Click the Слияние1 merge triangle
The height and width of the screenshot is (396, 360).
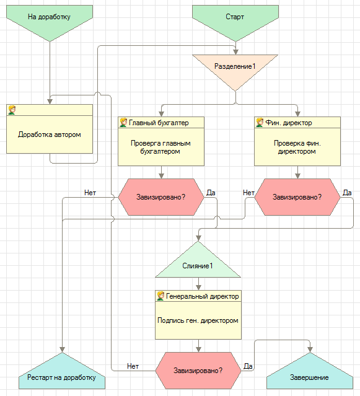pos(198,263)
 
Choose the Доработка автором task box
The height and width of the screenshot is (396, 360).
pos(50,129)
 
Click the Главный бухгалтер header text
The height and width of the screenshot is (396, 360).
pos(159,123)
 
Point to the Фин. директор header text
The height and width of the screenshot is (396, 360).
pos(289,123)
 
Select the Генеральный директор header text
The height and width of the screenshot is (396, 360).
pos(202,296)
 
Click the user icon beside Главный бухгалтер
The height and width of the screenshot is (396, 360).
pos(123,123)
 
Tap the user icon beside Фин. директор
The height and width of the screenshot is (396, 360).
pos(260,123)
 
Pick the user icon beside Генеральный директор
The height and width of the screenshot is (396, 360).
pos(160,296)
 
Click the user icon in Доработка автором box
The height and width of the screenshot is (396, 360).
pos(12,110)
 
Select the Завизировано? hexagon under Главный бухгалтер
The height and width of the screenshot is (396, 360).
pos(161,197)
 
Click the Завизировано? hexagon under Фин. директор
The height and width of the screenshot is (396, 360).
pos(297,197)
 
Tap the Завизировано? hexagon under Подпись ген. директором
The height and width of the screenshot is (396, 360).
pos(198,371)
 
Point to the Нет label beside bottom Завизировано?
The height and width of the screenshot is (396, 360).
pos(133,366)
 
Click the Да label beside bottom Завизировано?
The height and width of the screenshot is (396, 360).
pos(248,366)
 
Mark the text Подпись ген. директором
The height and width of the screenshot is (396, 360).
pos(198,320)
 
